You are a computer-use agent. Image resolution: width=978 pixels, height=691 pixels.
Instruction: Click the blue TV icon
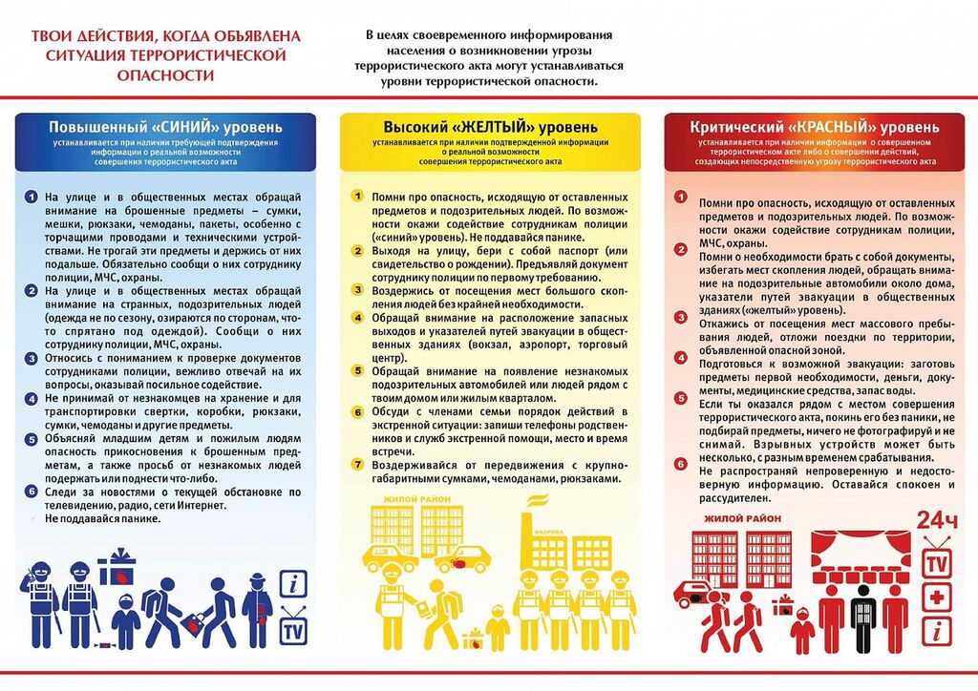point(293,630)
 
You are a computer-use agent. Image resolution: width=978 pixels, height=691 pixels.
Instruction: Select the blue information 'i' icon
point(293,584)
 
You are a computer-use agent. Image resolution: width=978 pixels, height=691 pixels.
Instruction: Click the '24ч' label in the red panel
point(936,521)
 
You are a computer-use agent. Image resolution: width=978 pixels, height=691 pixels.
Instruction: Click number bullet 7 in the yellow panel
point(356,465)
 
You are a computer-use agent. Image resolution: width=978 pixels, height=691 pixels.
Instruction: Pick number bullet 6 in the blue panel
point(32,492)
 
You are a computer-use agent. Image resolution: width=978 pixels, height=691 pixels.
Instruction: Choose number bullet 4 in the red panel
point(681,359)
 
